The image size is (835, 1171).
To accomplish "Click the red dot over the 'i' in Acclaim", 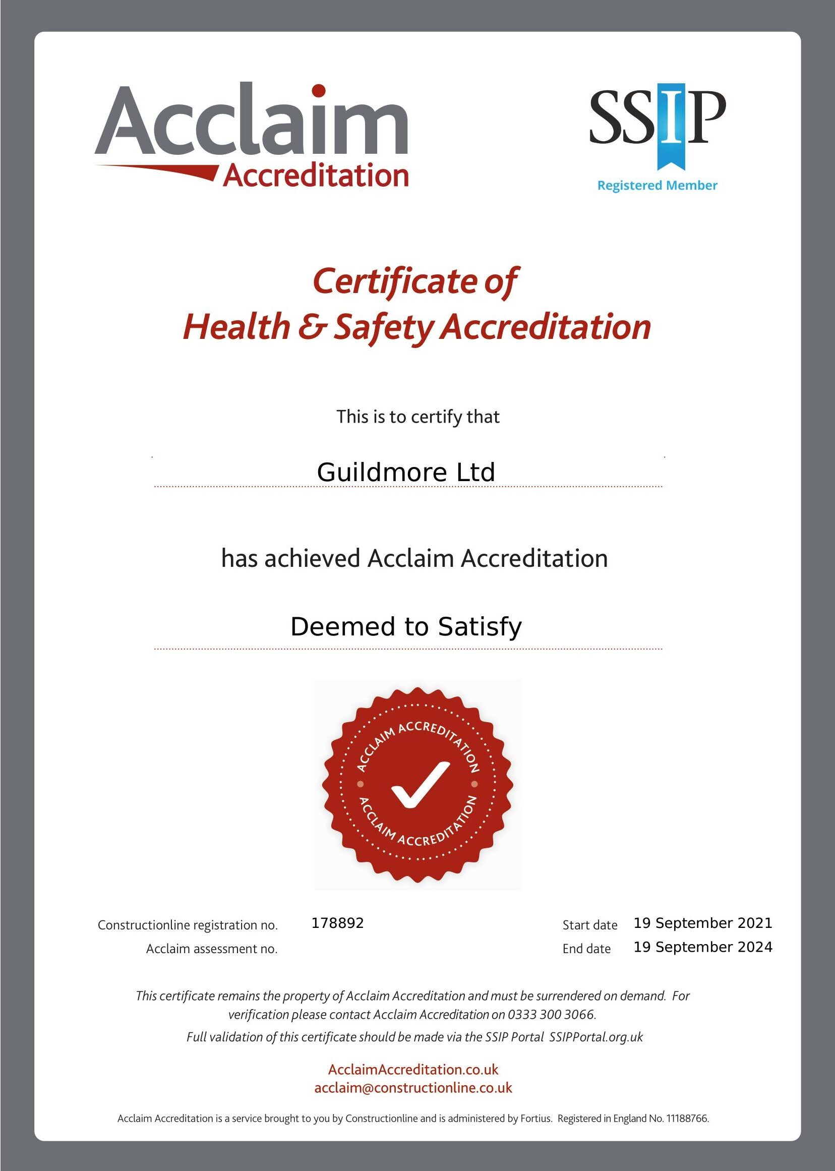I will [319, 90].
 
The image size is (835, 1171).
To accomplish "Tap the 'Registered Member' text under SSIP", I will [657, 185].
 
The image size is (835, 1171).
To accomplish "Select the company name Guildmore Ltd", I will [406, 472].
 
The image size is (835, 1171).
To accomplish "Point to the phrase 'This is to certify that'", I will [417, 417].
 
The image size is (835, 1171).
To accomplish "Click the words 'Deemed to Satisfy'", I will [406, 627].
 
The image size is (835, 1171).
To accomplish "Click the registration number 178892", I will [337, 923].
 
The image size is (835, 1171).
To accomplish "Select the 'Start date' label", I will [590, 925].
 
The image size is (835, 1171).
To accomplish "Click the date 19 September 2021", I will [703, 923].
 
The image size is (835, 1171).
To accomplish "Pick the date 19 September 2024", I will [703, 947].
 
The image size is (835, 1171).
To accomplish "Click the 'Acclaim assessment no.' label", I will [212, 949].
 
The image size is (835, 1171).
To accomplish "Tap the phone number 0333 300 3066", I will [551, 1015].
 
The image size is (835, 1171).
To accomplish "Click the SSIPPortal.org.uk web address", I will [596, 1037].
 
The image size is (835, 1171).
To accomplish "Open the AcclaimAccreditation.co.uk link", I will [413, 1069].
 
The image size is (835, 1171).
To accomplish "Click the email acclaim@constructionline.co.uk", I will [413, 1088].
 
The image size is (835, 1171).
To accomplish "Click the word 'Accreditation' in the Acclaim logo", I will [316, 176].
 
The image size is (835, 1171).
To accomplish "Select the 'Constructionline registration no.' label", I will [188, 925].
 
